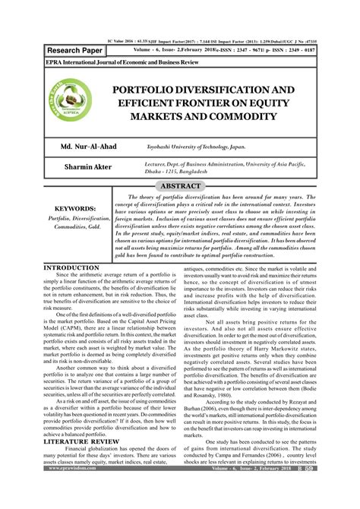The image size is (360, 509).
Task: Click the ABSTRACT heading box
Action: [179, 185]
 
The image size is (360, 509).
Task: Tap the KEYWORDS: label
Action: [69, 207]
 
